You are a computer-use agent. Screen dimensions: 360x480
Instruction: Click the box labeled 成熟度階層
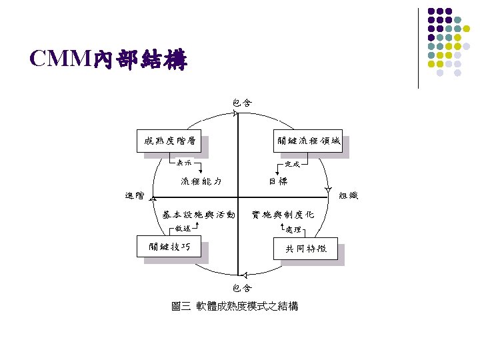[169, 141]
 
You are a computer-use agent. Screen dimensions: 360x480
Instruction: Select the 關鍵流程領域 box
[308, 141]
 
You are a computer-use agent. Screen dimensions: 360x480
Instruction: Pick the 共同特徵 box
[307, 249]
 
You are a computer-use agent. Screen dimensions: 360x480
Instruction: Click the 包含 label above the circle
[242, 103]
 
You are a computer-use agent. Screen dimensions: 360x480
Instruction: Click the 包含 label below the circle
[242, 288]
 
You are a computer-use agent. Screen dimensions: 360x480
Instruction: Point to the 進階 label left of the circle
[134, 195]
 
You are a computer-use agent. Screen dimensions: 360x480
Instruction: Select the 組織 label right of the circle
[348, 195]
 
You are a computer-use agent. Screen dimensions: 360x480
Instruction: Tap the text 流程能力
[201, 181]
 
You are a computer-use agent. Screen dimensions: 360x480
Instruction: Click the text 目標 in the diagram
[279, 181]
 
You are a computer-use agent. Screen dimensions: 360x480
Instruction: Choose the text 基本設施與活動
[199, 215]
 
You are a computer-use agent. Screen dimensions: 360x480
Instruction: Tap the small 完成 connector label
[292, 163]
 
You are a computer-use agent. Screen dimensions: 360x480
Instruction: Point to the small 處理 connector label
[293, 229]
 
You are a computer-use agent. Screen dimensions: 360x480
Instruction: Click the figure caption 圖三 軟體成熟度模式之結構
[235, 307]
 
